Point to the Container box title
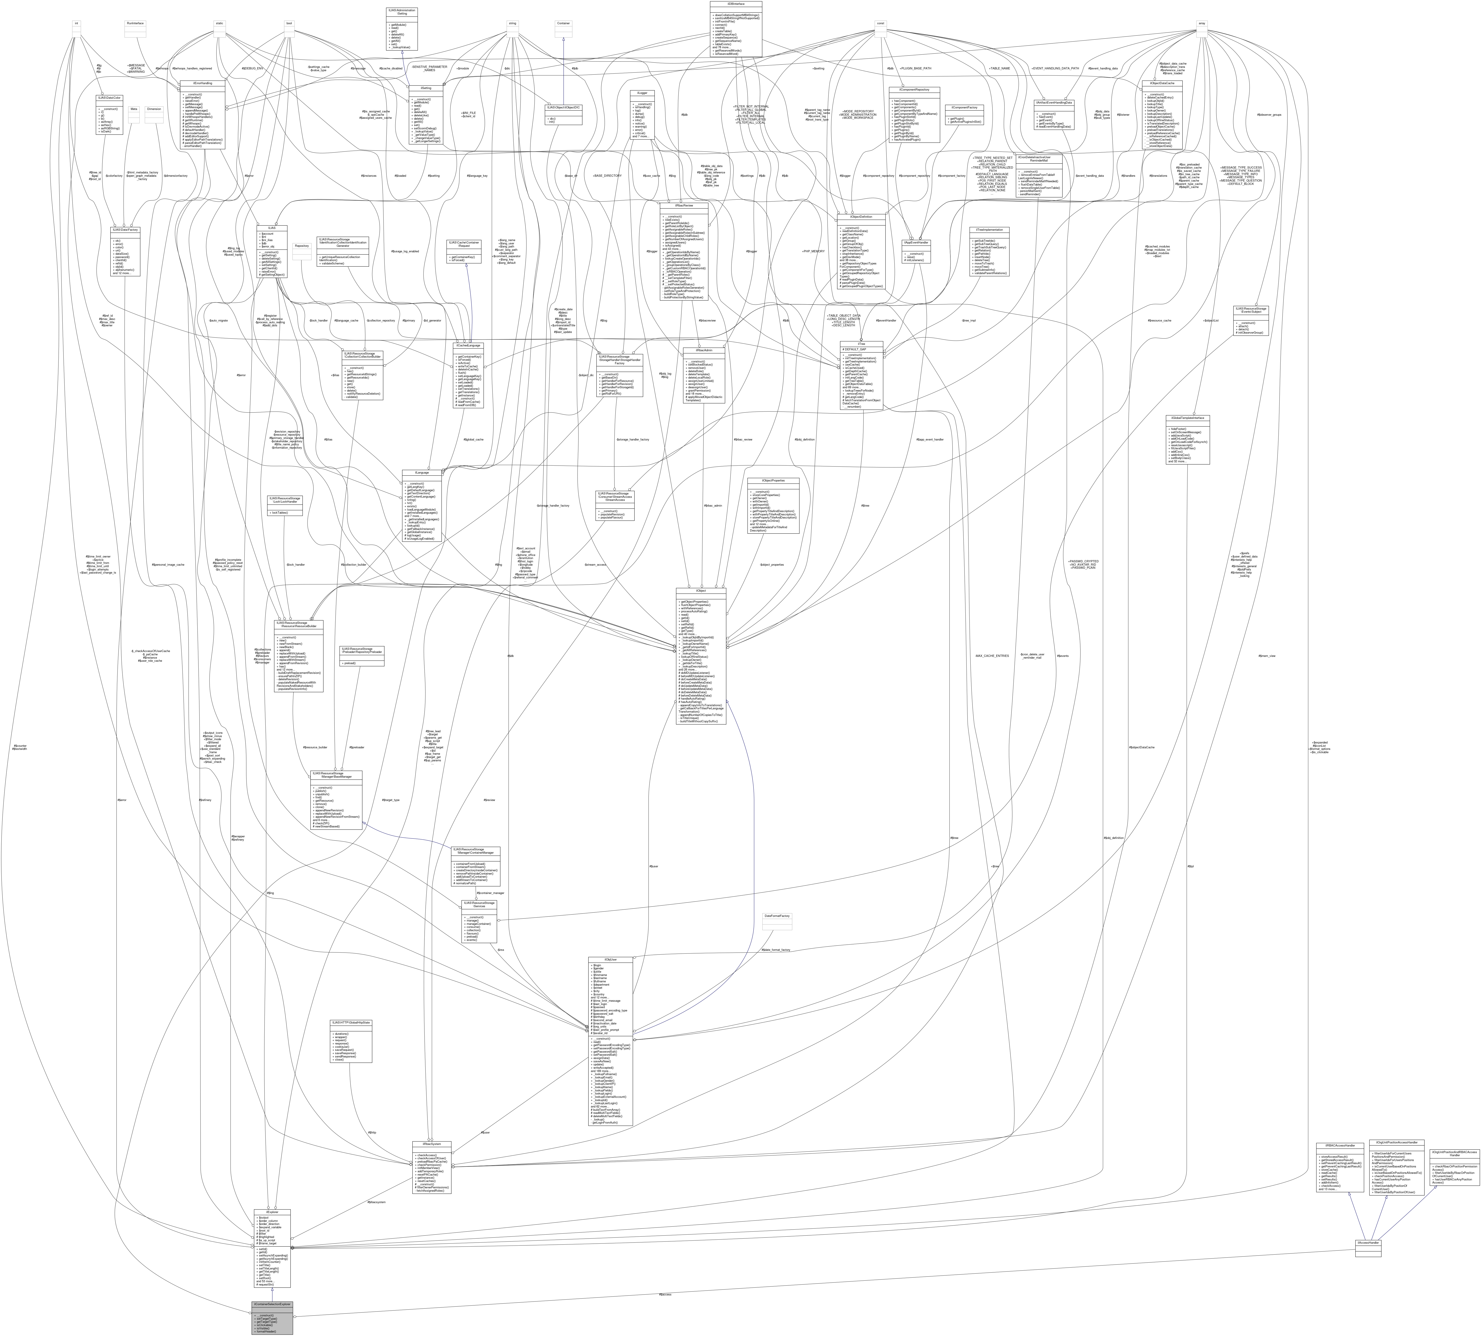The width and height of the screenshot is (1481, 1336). point(563,24)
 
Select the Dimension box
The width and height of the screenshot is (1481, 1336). point(153,109)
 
